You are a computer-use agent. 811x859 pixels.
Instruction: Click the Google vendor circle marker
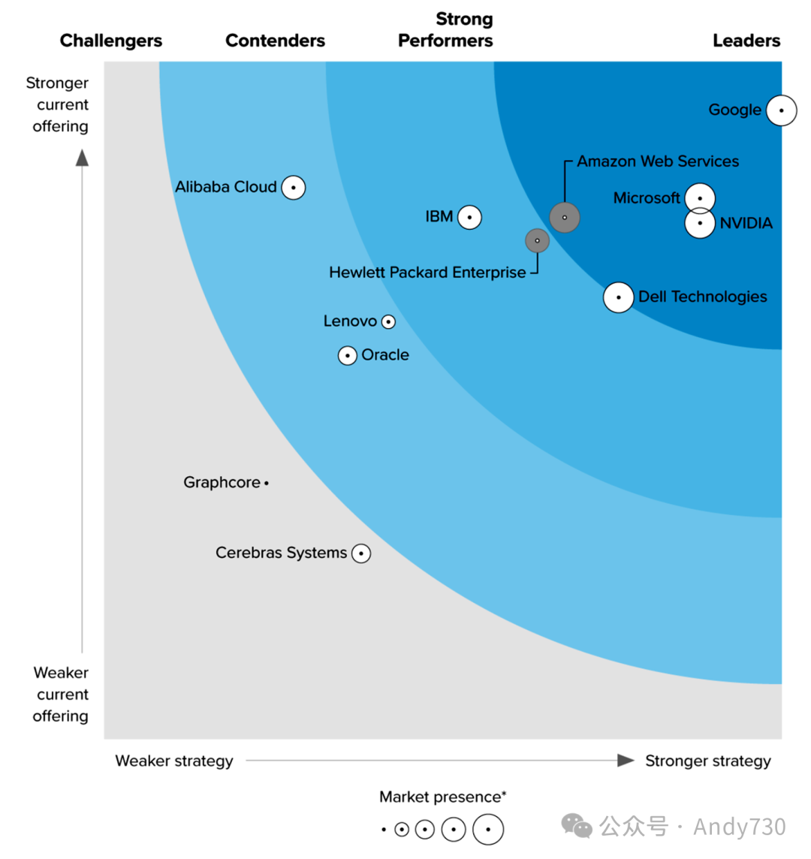pyautogui.click(x=782, y=110)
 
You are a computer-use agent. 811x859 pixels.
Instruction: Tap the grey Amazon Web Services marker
pyautogui.click(x=565, y=218)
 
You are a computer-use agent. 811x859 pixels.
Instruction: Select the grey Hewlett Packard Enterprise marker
pyautogui.click(x=537, y=240)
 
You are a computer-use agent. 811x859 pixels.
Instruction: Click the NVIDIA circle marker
pyautogui.click(x=700, y=224)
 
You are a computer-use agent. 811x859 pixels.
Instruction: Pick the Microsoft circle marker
pyautogui.click(x=700, y=197)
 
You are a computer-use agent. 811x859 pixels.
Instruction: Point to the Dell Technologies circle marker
pyautogui.click(x=619, y=297)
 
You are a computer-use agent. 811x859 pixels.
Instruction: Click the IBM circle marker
pyautogui.click(x=469, y=218)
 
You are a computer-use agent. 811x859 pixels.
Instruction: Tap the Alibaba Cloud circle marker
pyautogui.click(x=294, y=188)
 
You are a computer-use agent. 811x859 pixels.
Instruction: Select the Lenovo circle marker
pyautogui.click(x=388, y=321)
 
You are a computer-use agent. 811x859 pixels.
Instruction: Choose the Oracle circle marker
pyautogui.click(x=348, y=356)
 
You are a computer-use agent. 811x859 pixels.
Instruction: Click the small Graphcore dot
pyautogui.click(x=267, y=484)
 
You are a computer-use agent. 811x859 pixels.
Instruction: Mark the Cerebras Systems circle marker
pyautogui.click(x=361, y=553)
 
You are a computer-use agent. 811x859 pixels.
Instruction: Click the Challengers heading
pyautogui.click(x=111, y=41)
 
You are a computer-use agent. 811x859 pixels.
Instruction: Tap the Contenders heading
pyautogui.click(x=275, y=41)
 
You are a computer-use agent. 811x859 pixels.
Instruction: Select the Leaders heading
pyautogui.click(x=746, y=41)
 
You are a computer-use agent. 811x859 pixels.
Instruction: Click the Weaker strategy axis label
pyautogui.click(x=174, y=761)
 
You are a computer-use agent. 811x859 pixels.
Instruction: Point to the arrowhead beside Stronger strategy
pyautogui.click(x=626, y=761)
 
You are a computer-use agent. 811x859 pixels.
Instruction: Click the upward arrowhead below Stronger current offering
pyautogui.click(x=82, y=157)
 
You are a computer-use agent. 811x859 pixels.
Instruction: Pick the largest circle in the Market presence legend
pyautogui.click(x=488, y=830)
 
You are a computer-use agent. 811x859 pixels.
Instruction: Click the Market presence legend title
pyautogui.click(x=443, y=797)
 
